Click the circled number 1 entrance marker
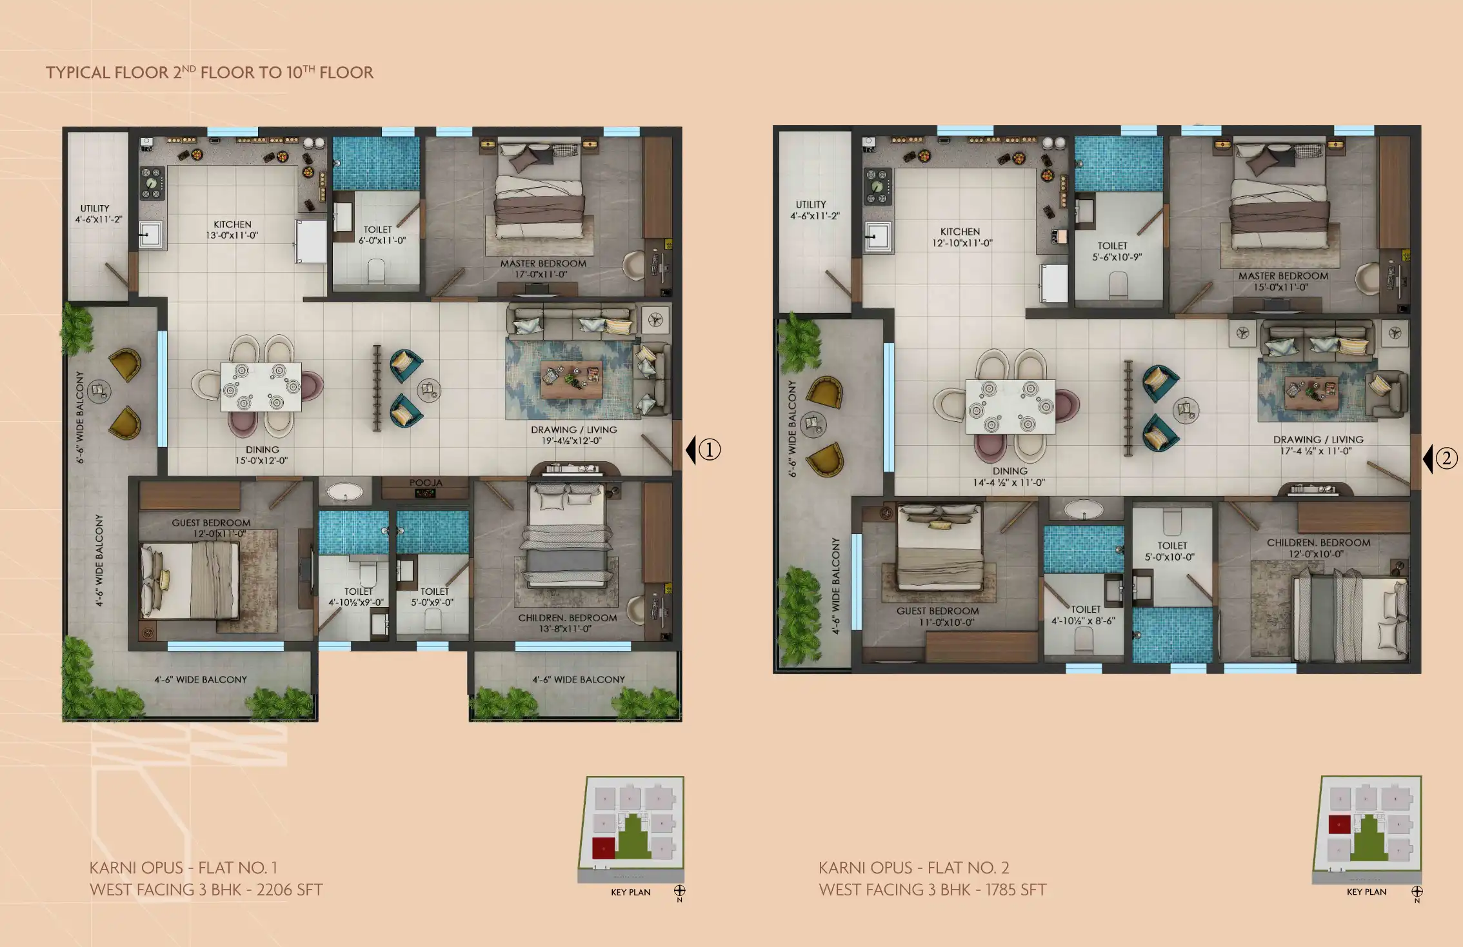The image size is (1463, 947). pyautogui.click(x=710, y=450)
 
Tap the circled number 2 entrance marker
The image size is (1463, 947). pyautogui.click(x=1446, y=459)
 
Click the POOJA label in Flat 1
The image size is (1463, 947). pyautogui.click(x=426, y=483)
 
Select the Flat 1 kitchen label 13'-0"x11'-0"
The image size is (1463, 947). pyautogui.click(x=232, y=235)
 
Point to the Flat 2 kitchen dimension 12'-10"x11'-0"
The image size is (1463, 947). pyautogui.click(x=962, y=243)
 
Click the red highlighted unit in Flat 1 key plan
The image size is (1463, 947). pyautogui.click(x=603, y=848)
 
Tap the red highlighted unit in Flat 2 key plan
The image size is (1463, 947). pyautogui.click(x=1339, y=824)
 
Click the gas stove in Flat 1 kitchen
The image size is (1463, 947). pyautogui.click(x=152, y=183)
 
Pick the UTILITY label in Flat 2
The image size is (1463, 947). pyautogui.click(x=811, y=204)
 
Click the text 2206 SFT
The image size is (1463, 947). pyautogui.click(x=290, y=890)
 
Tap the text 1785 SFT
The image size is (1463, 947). pyautogui.click(x=1015, y=890)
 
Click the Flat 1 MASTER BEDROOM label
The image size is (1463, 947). pyautogui.click(x=543, y=263)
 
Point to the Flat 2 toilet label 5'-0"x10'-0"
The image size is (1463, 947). pyautogui.click(x=1169, y=557)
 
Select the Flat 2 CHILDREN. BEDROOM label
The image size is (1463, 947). pyautogui.click(x=1319, y=543)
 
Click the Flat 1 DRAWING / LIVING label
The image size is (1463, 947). pyautogui.click(x=574, y=430)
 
